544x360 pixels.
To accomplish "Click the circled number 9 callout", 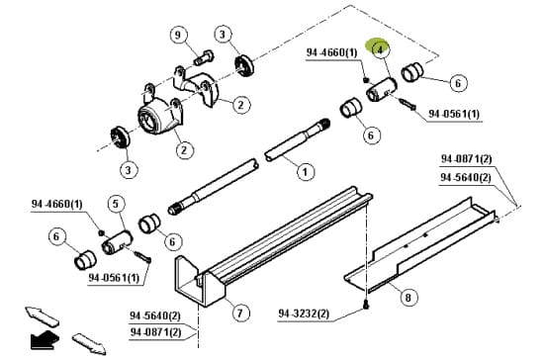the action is [178, 35].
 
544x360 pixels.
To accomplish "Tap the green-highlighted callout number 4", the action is [381, 49].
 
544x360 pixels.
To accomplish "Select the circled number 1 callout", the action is [306, 172].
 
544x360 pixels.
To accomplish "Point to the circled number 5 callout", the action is [116, 204].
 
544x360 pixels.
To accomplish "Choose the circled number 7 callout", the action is [240, 314].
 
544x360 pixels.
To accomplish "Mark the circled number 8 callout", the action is [408, 298].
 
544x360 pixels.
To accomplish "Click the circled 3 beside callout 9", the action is [223, 34].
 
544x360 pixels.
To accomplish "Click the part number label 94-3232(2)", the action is [304, 315].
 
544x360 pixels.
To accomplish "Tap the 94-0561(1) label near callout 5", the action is [114, 278].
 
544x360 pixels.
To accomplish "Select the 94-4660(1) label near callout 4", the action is [331, 52].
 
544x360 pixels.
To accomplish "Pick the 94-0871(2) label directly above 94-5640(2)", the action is [467, 159].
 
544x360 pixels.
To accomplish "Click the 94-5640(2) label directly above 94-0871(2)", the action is [155, 315].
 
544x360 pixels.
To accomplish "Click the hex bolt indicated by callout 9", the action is [204, 58].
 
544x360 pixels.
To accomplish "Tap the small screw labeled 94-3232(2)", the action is [366, 305].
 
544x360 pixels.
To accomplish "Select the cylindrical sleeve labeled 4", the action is [381, 89].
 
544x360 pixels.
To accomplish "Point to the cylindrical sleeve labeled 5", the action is [117, 242].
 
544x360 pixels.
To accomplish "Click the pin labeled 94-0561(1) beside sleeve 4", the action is [408, 105].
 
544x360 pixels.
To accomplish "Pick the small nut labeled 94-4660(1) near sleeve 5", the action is [102, 232].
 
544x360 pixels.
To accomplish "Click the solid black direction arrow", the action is [45, 340].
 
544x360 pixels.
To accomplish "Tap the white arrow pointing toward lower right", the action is [89, 344].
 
